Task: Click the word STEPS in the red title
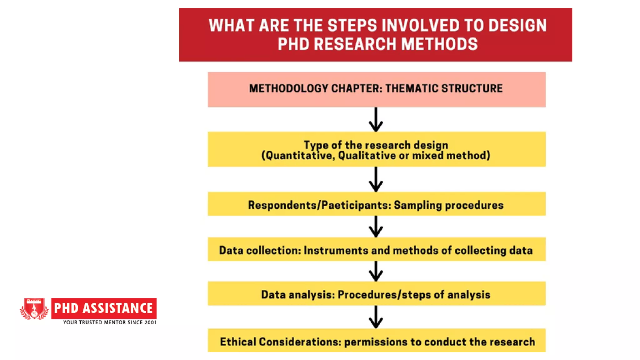[x=352, y=26]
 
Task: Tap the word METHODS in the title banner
[x=439, y=44]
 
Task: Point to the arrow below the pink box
[x=376, y=120]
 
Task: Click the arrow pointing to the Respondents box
[x=376, y=180]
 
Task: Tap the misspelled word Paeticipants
[x=356, y=205]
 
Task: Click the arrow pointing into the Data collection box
[x=376, y=227]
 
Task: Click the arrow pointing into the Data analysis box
[x=376, y=272]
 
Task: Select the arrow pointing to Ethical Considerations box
[x=376, y=317]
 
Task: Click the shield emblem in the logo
[x=34, y=308]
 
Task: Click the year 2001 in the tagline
[x=150, y=322]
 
